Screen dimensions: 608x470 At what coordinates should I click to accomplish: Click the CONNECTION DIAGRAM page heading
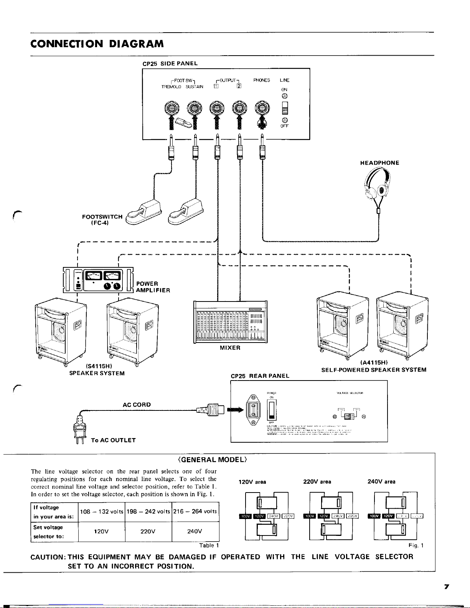click(x=97, y=43)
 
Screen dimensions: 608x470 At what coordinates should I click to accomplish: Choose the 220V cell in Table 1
click(x=148, y=532)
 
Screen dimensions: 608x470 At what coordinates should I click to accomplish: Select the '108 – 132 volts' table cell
click(x=102, y=511)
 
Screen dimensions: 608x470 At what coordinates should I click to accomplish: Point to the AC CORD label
click(x=137, y=404)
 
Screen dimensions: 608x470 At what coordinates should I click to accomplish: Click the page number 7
click(x=447, y=587)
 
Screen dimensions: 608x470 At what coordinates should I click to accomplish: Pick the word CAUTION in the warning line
click(x=48, y=557)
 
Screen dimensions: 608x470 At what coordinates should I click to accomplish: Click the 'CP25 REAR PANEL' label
click(x=260, y=376)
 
